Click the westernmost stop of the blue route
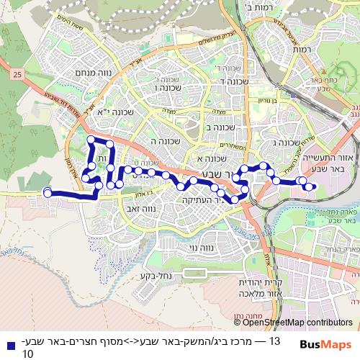(x=48, y=192)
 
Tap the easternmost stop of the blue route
(x=310, y=186)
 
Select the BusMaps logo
(x=325, y=343)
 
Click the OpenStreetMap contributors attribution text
(x=302, y=322)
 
